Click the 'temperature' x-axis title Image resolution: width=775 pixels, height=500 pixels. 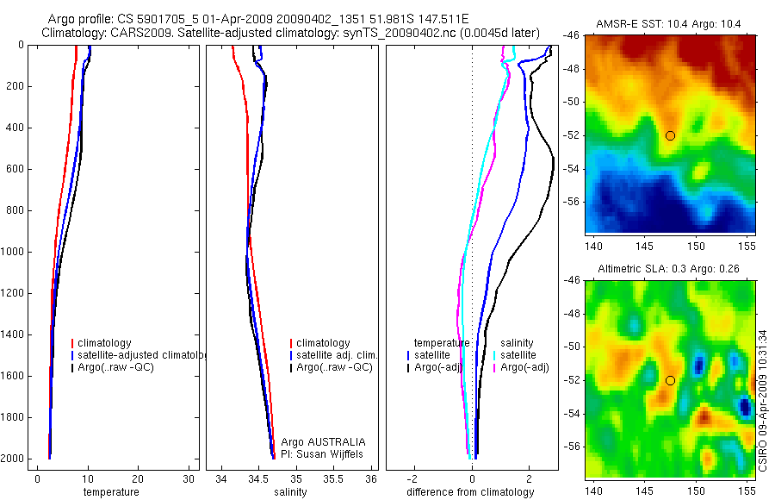[x=110, y=492]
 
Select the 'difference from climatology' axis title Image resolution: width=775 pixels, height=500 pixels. [x=470, y=492]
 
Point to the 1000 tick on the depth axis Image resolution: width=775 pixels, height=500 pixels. [x=15, y=252]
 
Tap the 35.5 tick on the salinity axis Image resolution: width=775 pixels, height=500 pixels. [x=333, y=479]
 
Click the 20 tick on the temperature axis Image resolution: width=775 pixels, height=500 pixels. [x=138, y=479]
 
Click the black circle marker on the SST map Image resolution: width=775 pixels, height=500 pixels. [x=670, y=135]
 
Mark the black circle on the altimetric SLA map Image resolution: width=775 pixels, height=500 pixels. [x=670, y=380]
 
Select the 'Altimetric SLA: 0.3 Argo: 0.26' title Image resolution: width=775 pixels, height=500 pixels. [x=669, y=269]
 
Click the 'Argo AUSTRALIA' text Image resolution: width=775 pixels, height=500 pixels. [x=317, y=441]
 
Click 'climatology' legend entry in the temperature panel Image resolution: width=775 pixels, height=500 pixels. [x=106, y=343]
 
